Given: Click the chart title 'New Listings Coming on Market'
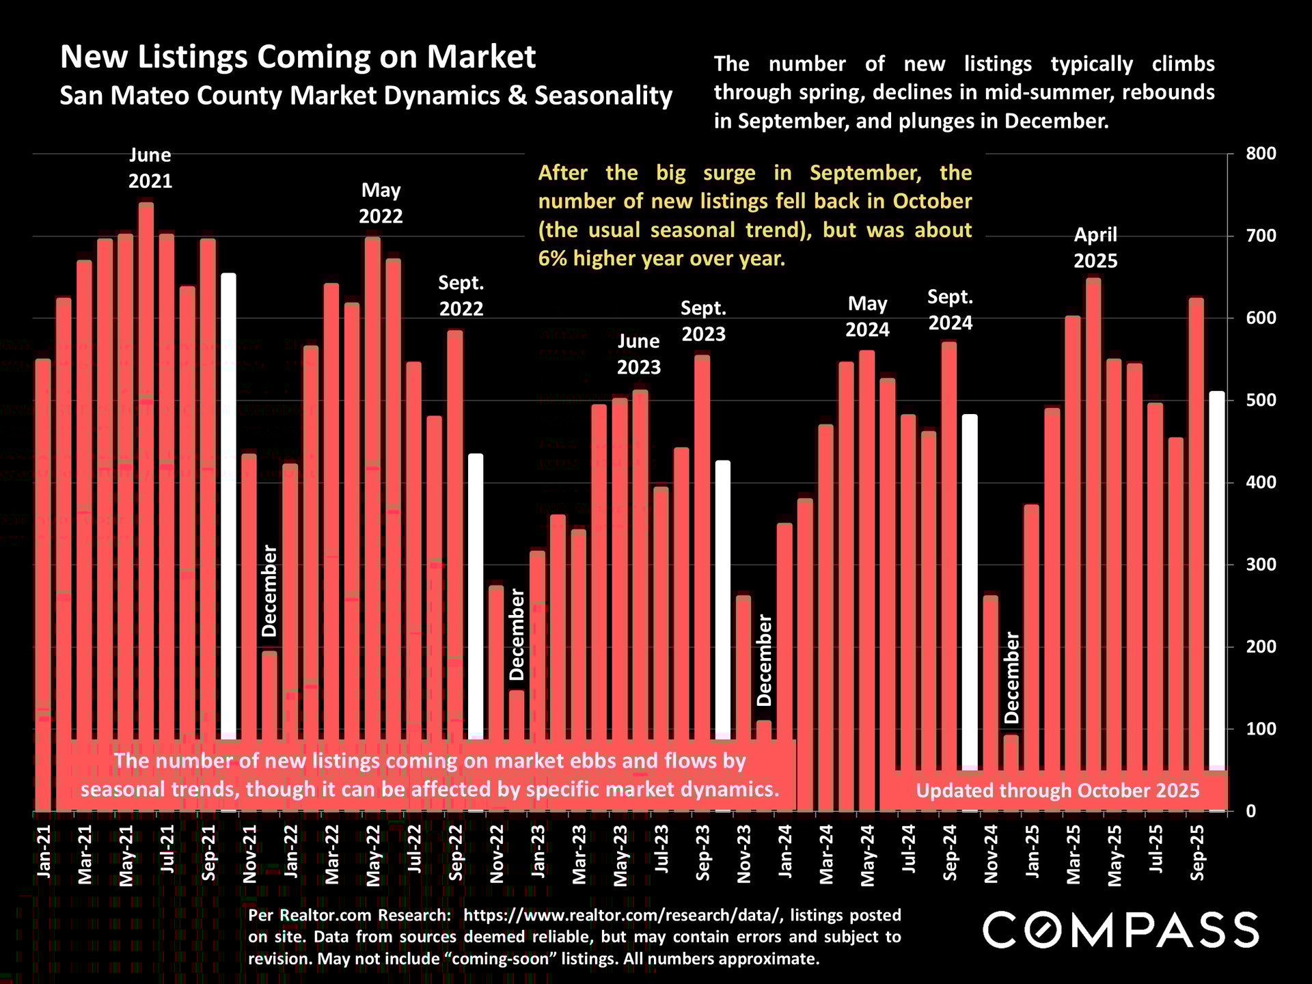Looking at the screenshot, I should pos(298,57).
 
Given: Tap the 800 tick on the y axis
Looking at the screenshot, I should pos(1261,154).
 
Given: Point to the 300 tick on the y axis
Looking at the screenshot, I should pos(1261,565).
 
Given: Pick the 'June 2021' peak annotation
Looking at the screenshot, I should pos(150,168).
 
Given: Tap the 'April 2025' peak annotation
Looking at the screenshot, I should pos(1095,247).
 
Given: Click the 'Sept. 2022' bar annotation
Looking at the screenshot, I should pos(461,296).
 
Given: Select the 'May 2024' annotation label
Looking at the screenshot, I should pos(867,316).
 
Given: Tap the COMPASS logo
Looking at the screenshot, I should pos(1121,930).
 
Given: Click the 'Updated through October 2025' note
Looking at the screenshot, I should pos(1057,791).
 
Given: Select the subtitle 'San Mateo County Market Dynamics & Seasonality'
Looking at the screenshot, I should pos(366,96).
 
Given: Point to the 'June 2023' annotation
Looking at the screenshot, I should pos(639,354).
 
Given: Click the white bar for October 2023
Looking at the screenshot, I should pos(723,601).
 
